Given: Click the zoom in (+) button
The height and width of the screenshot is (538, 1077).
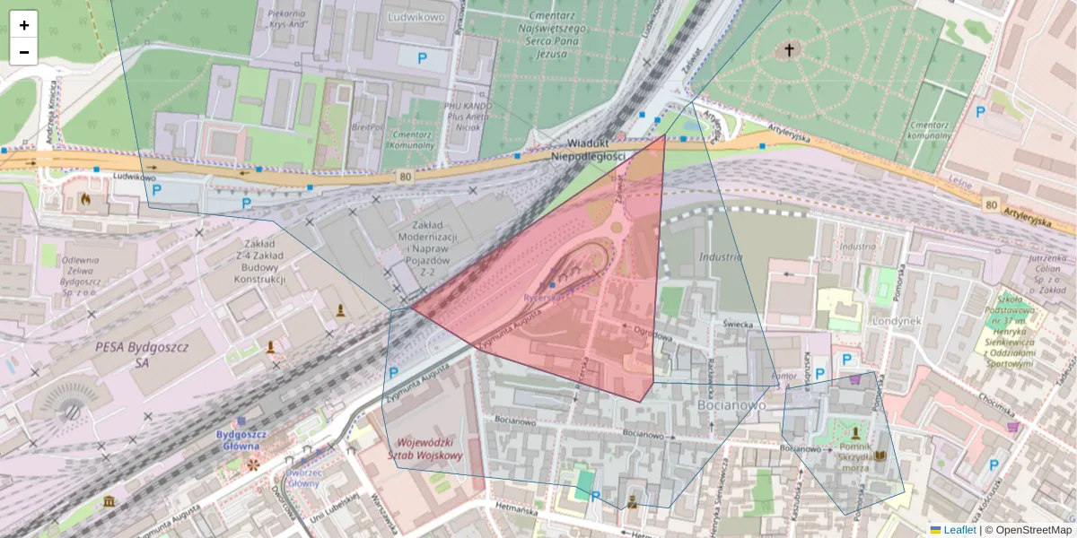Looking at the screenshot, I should (24, 25).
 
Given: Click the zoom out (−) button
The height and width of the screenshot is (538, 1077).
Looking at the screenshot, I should (24, 52).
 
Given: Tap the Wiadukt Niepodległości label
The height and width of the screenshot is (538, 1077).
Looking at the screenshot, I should (588, 150).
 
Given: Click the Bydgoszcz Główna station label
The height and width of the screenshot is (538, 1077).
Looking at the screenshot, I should (239, 439).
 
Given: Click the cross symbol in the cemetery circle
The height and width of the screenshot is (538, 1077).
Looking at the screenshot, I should (790, 50).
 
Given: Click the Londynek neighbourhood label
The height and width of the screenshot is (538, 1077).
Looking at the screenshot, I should (901, 321).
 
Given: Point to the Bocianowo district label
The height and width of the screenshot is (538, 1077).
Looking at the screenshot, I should (731, 404).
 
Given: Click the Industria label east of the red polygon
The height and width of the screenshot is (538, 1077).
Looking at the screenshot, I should (721, 257).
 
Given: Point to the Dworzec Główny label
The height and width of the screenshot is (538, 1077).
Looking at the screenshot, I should (303, 477).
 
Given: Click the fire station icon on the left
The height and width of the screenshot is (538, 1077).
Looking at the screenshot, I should (85, 198).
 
